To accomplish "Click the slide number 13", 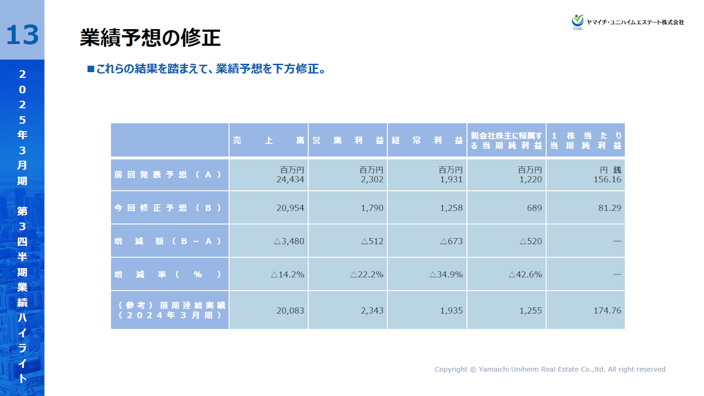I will [x=22, y=34].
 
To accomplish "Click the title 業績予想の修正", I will [x=150, y=38].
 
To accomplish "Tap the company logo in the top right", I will [x=628, y=21].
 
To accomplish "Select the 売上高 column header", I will [x=268, y=140].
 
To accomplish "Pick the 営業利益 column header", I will [x=348, y=140].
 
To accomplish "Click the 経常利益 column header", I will [x=427, y=140].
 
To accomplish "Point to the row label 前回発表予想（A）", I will [x=169, y=174].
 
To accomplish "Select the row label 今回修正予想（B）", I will [x=169, y=208].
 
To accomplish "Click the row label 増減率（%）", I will [x=169, y=274].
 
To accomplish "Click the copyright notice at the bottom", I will [x=549, y=370].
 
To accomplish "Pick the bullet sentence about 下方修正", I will [x=207, y=69].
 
